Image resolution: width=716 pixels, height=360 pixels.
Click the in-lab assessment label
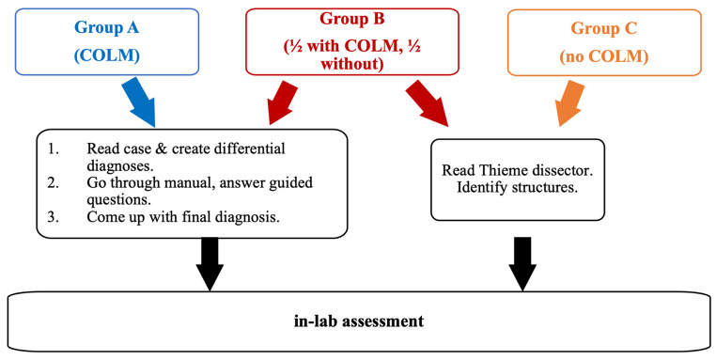coord(357,321)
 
